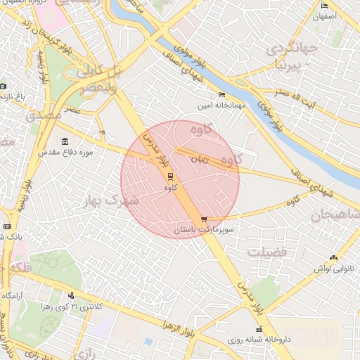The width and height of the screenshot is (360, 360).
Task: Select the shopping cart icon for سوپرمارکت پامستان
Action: coord(204,219)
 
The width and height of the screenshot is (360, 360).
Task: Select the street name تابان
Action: coord(199,160)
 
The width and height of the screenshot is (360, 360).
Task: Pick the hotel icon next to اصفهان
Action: coord(325,6)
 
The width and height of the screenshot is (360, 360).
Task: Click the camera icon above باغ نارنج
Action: coord(3,86)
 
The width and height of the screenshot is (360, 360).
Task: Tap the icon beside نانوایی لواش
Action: coord(333,258)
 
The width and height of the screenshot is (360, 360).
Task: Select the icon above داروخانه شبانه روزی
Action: coord(259,329)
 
